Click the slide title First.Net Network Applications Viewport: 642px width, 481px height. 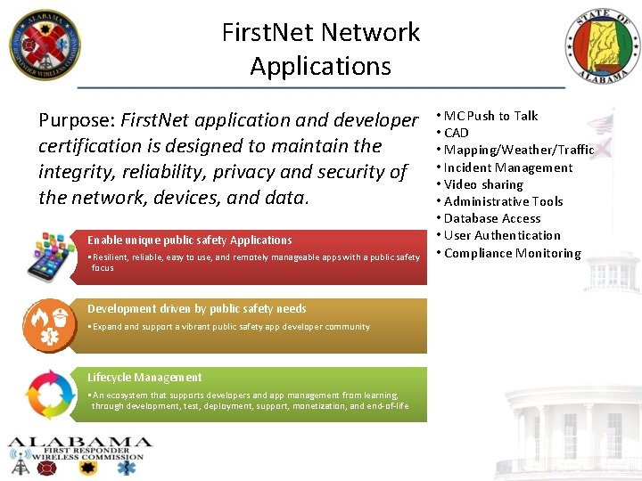click(x=321, y=49)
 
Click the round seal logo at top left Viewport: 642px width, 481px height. click(x=45, y=45)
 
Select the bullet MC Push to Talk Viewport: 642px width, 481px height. click(x=490, y=116)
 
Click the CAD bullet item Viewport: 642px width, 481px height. click(x=456, y=133)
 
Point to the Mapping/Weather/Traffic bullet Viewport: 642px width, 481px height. click(x=518, y=150)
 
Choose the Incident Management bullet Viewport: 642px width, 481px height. click(x=507, y=167)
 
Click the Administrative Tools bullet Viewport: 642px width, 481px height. click(x=503, y=201)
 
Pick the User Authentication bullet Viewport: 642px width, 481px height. click(x=501, y=235)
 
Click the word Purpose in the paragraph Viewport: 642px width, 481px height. click(x=75, y=120)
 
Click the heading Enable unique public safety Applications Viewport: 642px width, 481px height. click(x=190, y=240)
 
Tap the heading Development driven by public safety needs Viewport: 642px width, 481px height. click(x=197, y=308)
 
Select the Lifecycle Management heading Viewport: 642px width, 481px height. click(x=144, y=377)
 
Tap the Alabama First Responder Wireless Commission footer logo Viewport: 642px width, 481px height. click(x=80, y=455)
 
